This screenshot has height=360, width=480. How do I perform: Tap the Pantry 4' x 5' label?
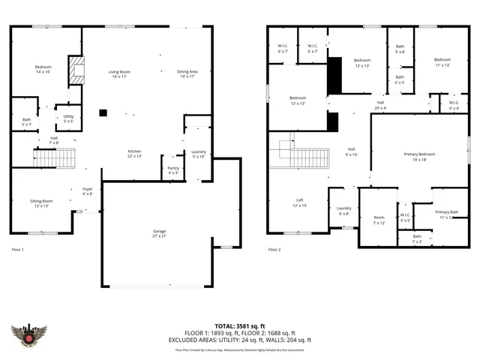172,170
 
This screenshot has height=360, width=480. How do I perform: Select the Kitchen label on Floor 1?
133,154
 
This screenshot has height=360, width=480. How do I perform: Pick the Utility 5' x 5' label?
68,118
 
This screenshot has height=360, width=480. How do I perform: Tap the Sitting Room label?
42,203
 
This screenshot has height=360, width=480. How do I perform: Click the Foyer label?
87,191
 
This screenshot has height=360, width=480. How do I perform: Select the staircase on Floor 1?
55,158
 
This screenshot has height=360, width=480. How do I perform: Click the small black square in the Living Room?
103,113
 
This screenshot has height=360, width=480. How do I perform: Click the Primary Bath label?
448,214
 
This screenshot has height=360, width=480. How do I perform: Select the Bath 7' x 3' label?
416,239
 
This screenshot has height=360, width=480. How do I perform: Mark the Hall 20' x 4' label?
380,105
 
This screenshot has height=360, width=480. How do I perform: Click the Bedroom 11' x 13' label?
442,62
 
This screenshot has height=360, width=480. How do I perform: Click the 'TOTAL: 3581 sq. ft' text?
240,326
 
